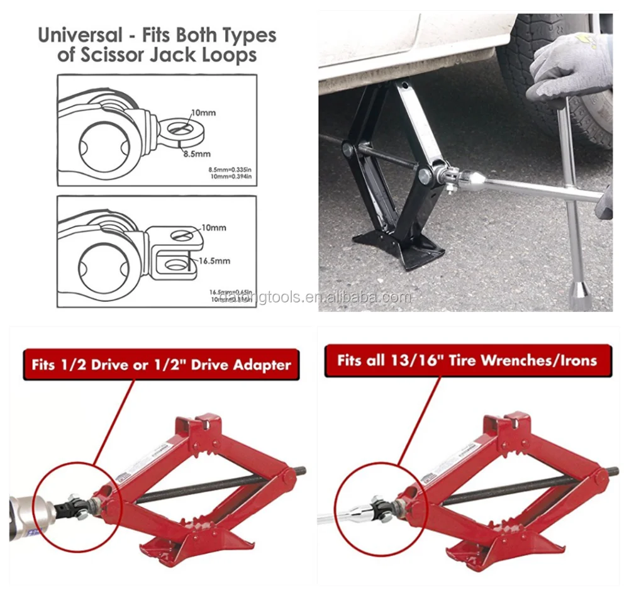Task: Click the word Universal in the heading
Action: click(x=79, y=35)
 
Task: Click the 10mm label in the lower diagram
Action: click(x=213, y=227)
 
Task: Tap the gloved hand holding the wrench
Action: click(x=570, y=70)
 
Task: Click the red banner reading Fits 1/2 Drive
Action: click(x=160, y=364)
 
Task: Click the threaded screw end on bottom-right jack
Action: click(x=614, y=470)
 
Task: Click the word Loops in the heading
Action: click(x=226, y=55)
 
